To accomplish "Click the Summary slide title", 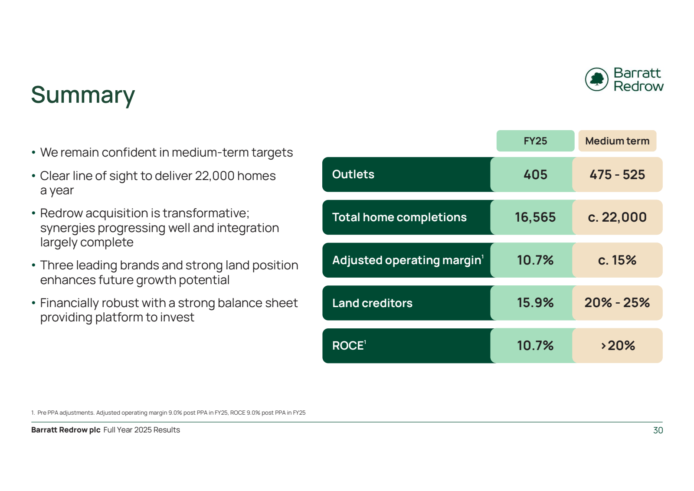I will point(83,95).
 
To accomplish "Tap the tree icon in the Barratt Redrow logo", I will point(597,79).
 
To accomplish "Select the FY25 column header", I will point(535,141).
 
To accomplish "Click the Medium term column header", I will point(617,141).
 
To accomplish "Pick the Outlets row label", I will point(353,174).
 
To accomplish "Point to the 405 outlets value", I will point(535,175).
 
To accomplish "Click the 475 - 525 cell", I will point(617,175).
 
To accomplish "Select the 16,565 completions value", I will point(535,217).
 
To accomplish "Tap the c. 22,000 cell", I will point(617,217).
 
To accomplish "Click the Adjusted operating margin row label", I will point(407,260).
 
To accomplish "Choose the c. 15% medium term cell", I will point(617,260).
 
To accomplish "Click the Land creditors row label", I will point(372,303).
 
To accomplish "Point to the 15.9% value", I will point(535,303).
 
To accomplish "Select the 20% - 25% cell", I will point(617,303).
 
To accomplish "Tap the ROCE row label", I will point(348,346).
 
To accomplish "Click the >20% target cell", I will point(618,346).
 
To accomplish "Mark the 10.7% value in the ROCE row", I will point(535,346).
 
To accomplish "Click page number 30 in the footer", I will point(658,430).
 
